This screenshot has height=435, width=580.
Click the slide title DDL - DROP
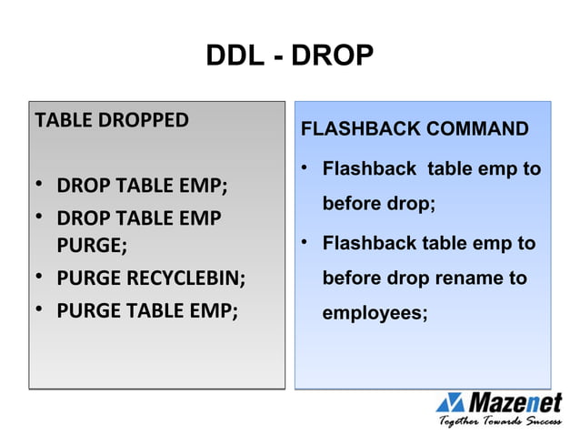tap(290, 56)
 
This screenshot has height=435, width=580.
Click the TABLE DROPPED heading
tap(111, 120)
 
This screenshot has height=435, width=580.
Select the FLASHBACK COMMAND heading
tap(414, 129)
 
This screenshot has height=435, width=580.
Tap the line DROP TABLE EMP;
tap(142, 188)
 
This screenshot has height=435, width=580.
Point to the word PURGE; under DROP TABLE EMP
tap(92, 246)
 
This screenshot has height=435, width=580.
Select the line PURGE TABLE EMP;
tap(147, 309)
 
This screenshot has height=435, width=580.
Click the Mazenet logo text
tap(515, 401)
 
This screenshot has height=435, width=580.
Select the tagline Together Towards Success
tap(500, 421)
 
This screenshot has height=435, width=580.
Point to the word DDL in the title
tap(233, 56)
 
